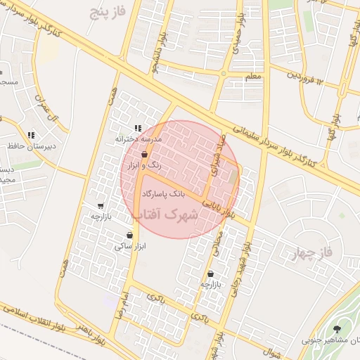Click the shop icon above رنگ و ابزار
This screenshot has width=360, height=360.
coord(144,154)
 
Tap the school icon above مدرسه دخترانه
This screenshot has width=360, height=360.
coord(136,129)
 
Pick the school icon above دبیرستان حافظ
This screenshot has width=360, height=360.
coord(30,135)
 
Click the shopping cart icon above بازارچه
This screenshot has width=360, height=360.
coord(101,207)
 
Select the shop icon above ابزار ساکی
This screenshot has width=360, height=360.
coord(129,235)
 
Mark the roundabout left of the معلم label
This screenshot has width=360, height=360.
coord(224,73)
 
